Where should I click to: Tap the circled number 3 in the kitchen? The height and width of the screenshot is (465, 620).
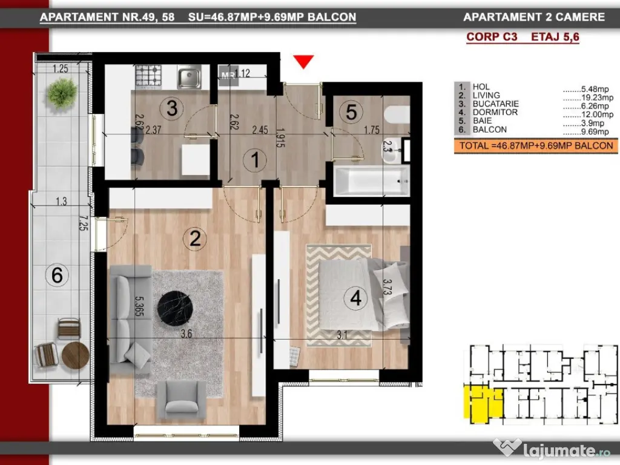click(171, 109)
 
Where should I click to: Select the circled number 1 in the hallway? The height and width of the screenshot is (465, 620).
click(255, 160)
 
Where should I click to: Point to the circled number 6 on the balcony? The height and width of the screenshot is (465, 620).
click(57, 275)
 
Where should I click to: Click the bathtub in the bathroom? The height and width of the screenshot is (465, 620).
click(369, 180)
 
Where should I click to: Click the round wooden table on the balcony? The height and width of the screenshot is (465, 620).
click(75, 355)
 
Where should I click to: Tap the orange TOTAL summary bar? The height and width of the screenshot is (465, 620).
click(536, 146)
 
